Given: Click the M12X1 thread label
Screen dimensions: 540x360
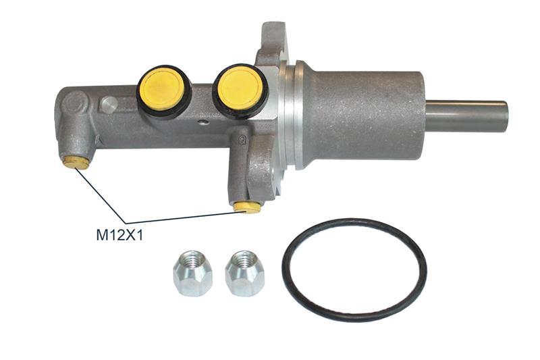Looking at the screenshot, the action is pos(119,235).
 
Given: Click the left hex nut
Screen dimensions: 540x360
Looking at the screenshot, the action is pos(192,273).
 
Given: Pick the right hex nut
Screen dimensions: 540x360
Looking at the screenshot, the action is pos(244,273).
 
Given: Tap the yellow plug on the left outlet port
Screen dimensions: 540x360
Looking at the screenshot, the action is pos(77,162).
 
